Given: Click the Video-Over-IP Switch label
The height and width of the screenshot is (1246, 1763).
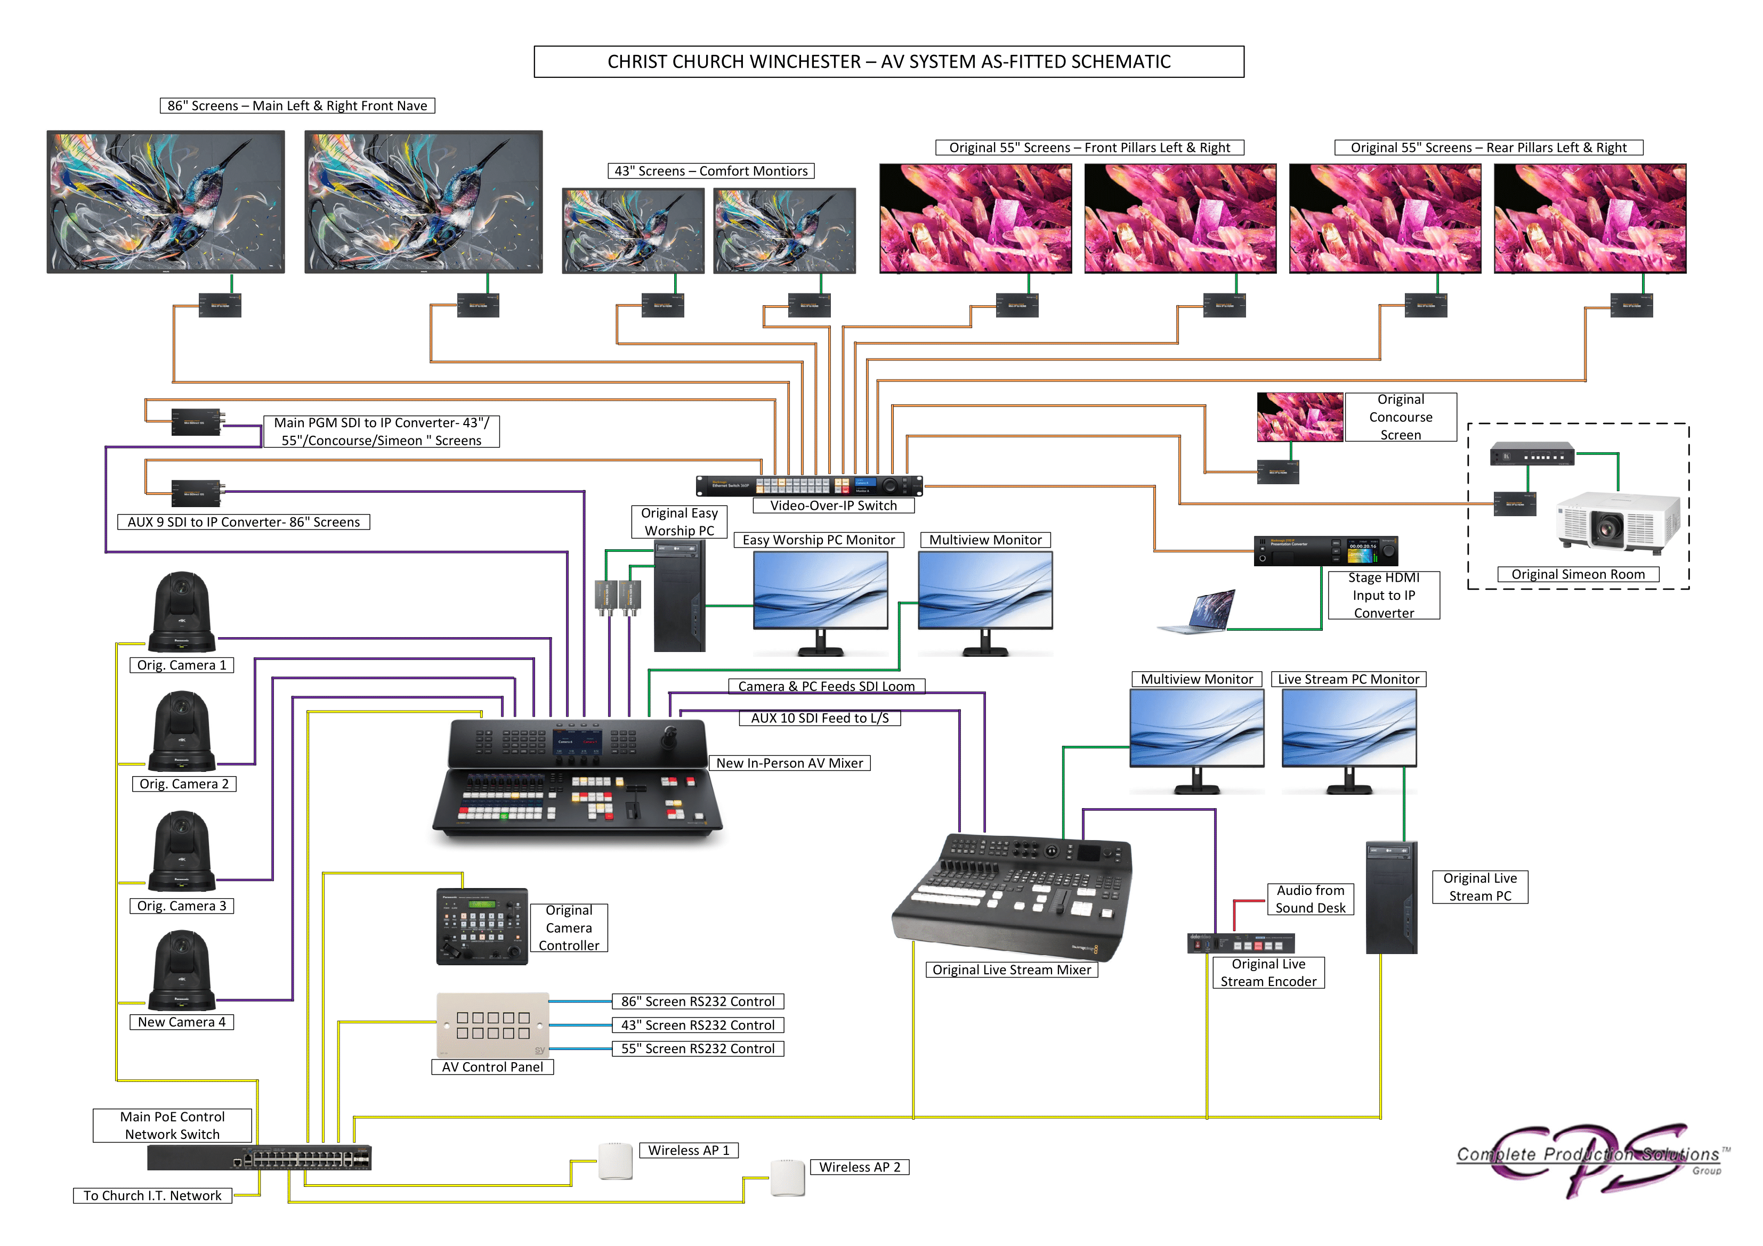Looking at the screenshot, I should [x=833, y=505].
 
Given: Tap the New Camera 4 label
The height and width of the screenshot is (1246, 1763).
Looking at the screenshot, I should [x=181, y=1022].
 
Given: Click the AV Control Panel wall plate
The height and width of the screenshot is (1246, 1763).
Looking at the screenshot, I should [x=493, y=1025].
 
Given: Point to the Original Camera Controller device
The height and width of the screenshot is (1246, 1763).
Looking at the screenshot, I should [x=481, y=926].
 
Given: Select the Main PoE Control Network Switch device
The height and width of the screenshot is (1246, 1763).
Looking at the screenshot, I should [x=259, y=1157].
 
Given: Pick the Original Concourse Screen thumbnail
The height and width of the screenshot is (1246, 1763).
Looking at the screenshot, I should [x=1299, y=417].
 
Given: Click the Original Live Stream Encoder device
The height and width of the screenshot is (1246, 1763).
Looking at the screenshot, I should [x=1241, y=943].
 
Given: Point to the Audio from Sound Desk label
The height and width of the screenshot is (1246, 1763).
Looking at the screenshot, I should [x=1310, y=899].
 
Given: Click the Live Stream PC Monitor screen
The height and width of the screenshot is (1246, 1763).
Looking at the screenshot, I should [x=1348, y=728].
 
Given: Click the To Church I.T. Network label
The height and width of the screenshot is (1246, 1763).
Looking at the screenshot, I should [x=152, y=1195].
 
